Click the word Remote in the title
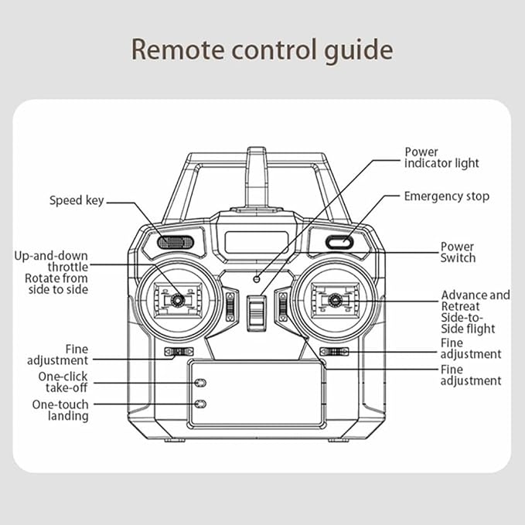pos(176,49)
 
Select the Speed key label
pos(77,201)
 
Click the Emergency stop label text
pos(446,196)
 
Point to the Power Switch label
pos(458,252)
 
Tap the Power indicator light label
pos(441,158)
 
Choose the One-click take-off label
pos(63,382)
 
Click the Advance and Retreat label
pos(476,301)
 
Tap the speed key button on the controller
pos(176,242)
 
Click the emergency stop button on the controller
pos(338,242)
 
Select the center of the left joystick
pos(177,299)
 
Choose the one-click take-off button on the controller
pos(200,383)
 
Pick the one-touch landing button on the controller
pos(200,404)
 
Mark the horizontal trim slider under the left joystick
pos(179,353)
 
